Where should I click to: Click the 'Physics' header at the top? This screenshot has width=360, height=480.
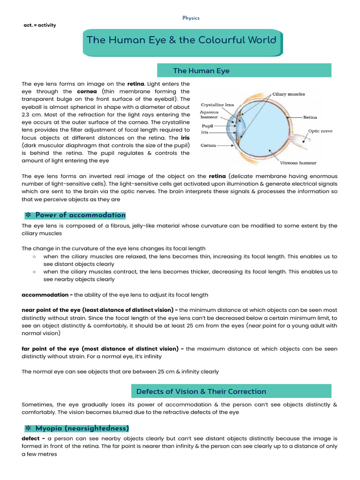[191, 18]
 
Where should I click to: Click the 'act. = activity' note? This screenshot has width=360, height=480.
[39, 25]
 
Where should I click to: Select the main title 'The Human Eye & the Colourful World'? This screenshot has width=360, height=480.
[181, 40]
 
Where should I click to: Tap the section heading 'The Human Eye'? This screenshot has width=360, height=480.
[201, 71]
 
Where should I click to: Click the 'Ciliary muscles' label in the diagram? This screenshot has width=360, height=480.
[289, 94]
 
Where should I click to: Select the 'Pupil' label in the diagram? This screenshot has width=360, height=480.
[208, 126]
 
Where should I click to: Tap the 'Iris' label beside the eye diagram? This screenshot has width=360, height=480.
[205, 133]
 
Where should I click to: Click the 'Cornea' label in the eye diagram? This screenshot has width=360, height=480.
[208, 146]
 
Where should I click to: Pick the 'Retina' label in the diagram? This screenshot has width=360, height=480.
[310, 117]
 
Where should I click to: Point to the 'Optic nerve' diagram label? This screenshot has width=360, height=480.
[320, 131]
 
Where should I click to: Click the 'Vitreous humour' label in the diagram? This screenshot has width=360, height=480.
[298, 163]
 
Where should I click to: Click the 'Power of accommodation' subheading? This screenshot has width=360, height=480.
[80, 215]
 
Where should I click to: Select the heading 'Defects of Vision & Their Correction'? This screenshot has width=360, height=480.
[201, 391]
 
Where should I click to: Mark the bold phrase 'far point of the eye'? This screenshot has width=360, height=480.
[51, 349]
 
